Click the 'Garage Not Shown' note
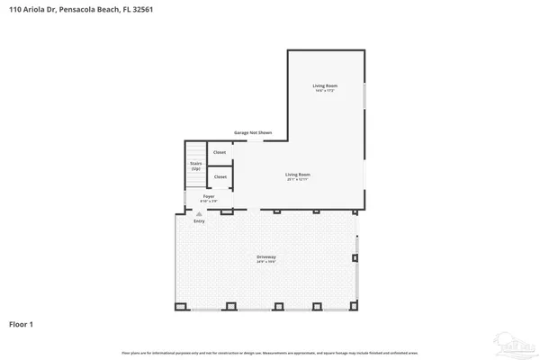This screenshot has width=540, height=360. click(253, 132)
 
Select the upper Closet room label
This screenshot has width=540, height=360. click(220, 152)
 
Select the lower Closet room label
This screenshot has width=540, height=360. click(220, 177)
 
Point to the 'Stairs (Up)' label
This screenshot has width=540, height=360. click(195, 166)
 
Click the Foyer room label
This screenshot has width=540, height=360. click(208, 196)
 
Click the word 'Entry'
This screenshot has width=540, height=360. click(199, 220)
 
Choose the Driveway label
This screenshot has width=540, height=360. click(266, 258)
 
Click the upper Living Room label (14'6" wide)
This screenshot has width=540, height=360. click(324, 87)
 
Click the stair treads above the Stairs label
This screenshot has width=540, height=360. click(195, 149)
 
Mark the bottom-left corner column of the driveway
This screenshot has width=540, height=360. click(180, 306)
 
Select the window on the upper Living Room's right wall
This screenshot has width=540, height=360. click(364, 95)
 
